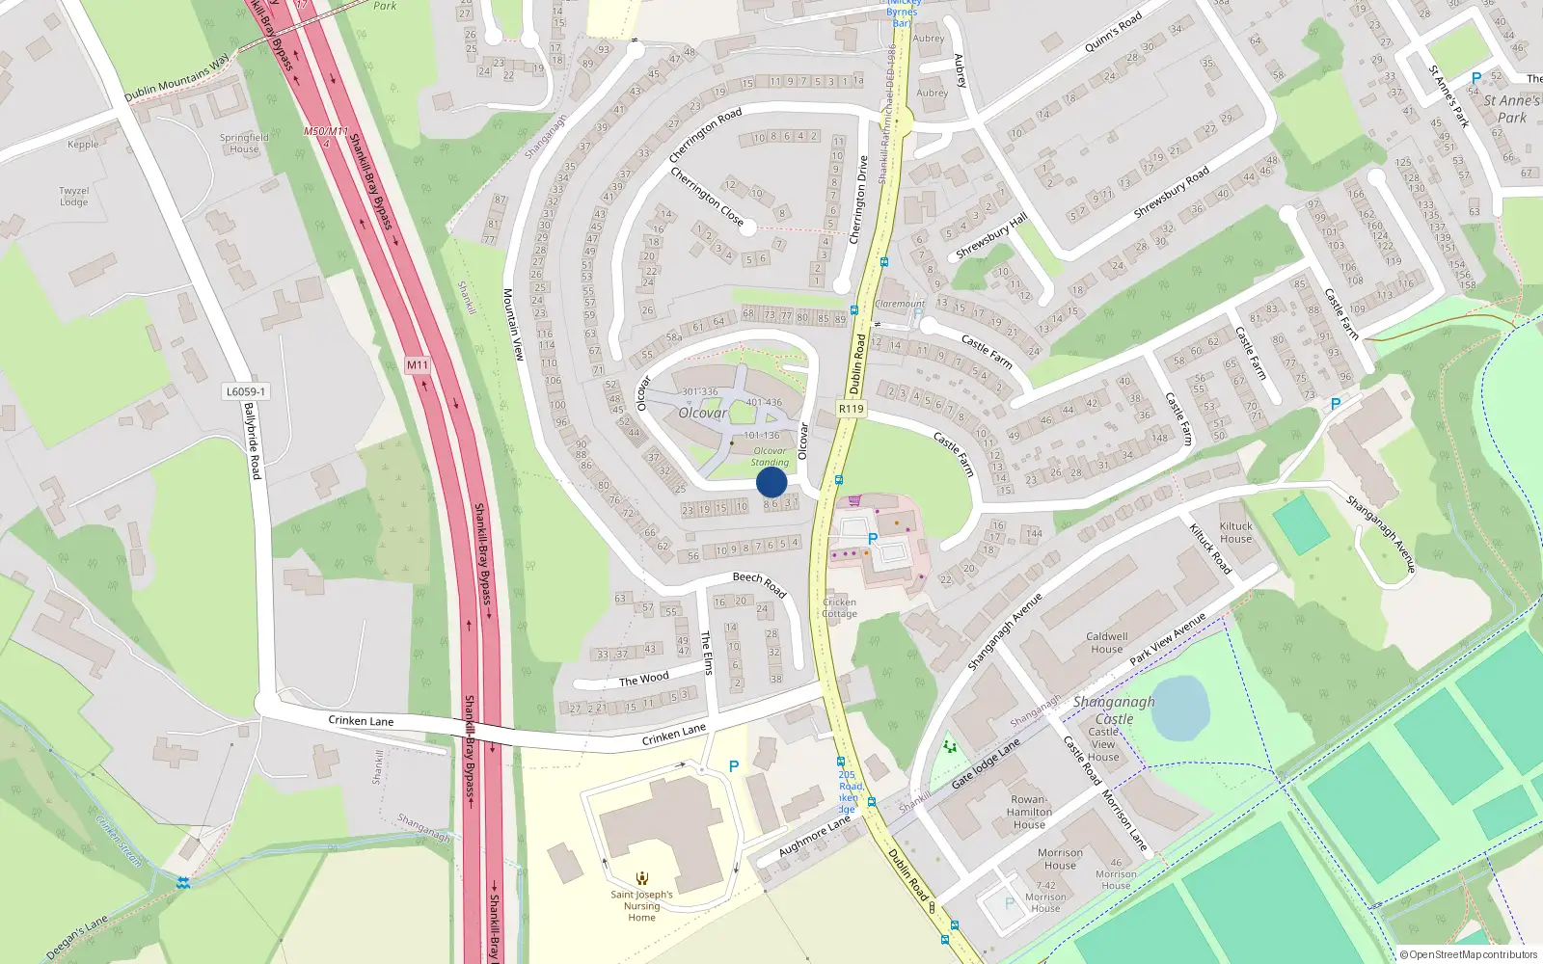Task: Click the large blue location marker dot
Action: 771,482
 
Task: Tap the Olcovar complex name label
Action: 703,413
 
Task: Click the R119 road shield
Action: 851,409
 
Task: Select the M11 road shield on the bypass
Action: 417,364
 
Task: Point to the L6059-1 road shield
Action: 246,391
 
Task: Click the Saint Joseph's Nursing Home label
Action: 641,905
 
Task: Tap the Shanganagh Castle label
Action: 1114,710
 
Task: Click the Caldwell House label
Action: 1106,642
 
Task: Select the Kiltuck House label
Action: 1235,532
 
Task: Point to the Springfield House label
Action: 244,143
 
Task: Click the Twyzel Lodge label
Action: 74,196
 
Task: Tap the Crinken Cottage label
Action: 839,607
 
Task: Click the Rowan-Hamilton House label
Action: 1029,812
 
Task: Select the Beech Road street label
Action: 759,582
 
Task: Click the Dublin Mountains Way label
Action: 177,78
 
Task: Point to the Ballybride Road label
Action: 253,441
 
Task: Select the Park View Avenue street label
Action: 1168,638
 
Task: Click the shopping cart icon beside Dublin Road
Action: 854,500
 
